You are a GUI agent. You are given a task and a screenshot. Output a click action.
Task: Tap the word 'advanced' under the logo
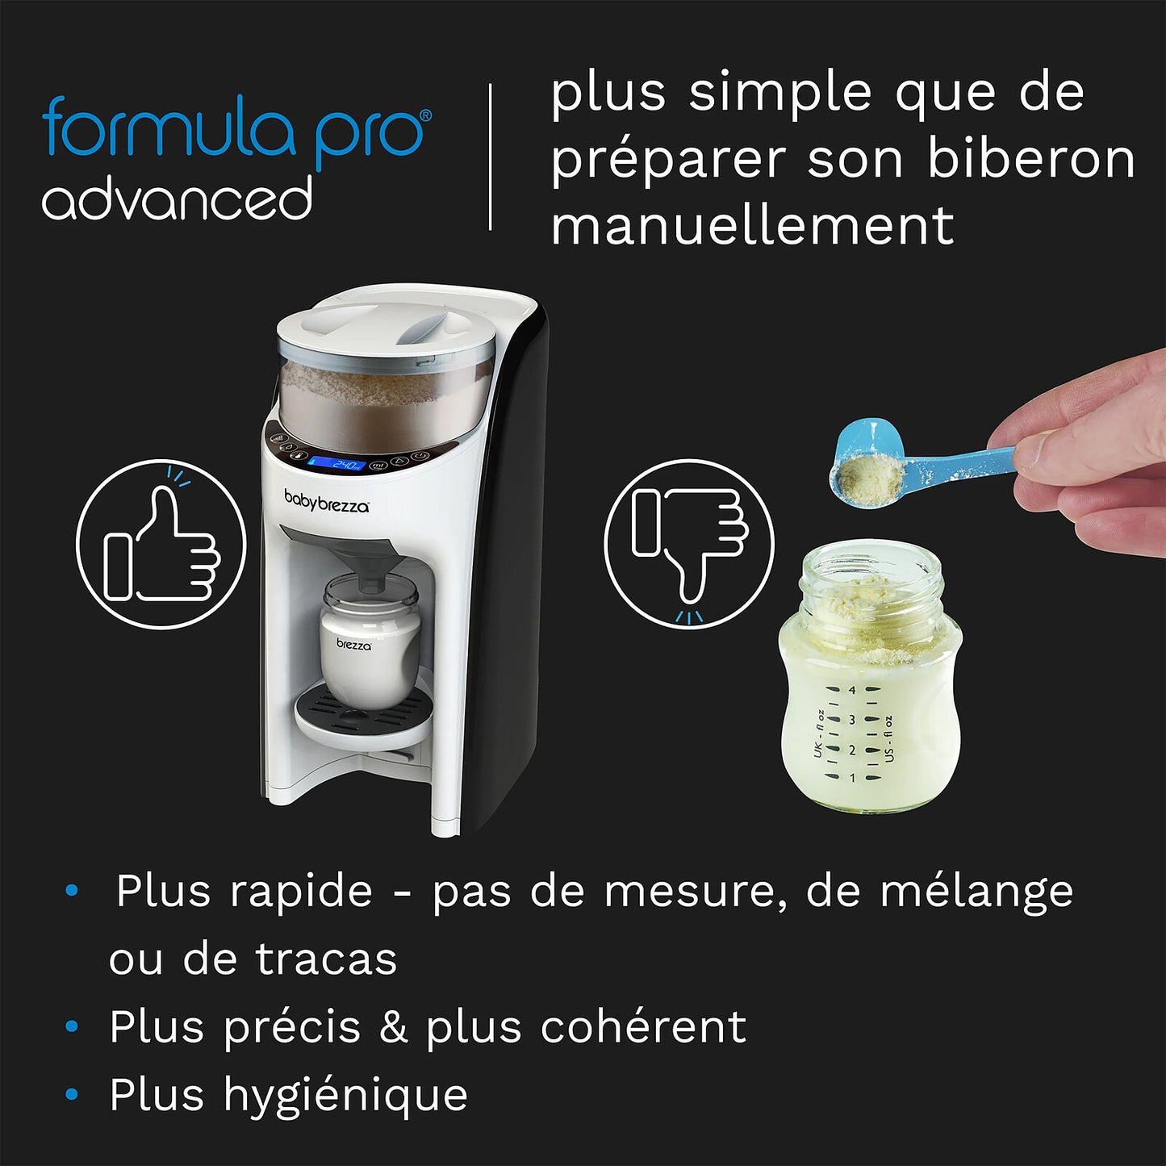click(177, 199)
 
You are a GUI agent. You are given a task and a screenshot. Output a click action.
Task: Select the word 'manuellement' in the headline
click(752, 225)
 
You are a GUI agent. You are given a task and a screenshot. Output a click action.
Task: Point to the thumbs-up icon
click(161, 545)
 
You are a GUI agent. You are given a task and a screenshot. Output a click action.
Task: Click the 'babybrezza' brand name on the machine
click(326, 501)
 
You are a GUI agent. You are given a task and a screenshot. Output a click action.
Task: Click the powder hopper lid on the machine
click(386, 326)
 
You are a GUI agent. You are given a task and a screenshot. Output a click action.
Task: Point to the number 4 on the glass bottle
click(852, 691)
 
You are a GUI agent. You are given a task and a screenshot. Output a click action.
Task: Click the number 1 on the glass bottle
click(852, 779)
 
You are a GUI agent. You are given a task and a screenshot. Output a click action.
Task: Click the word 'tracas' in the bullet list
click(326, 959)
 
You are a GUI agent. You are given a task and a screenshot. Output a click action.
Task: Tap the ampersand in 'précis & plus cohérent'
click(393, 1027)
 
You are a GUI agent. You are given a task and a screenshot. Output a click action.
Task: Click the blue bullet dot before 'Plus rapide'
click(72, 891)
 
